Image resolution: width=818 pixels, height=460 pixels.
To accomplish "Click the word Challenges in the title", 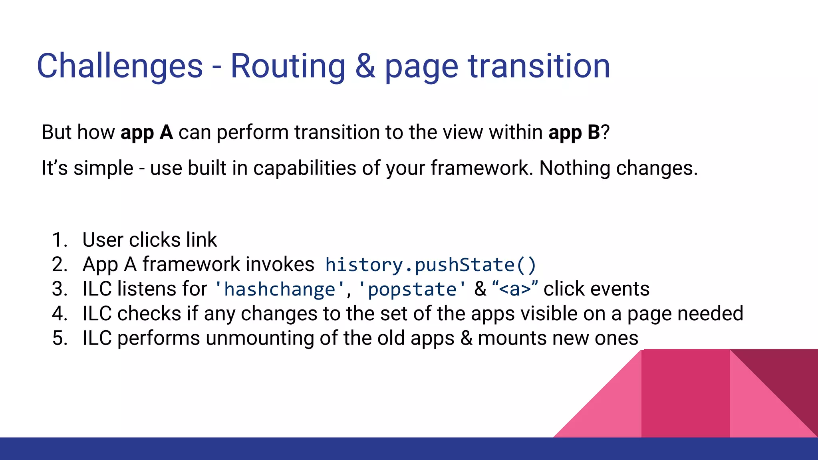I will (120, 66).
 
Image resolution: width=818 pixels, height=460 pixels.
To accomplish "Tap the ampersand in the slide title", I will (365, 66).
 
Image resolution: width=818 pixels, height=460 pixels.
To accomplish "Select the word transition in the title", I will (539, 66).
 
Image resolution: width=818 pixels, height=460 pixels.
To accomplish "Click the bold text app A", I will (147, 132).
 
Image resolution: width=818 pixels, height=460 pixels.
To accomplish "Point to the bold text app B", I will (574, 132).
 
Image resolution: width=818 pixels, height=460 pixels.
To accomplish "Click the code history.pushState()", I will (431, 265).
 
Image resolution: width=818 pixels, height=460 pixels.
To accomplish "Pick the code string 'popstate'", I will (412, 289).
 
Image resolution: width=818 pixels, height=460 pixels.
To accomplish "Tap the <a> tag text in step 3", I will (515, 289).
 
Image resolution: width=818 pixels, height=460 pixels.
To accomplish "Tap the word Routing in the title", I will (288, 66).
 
